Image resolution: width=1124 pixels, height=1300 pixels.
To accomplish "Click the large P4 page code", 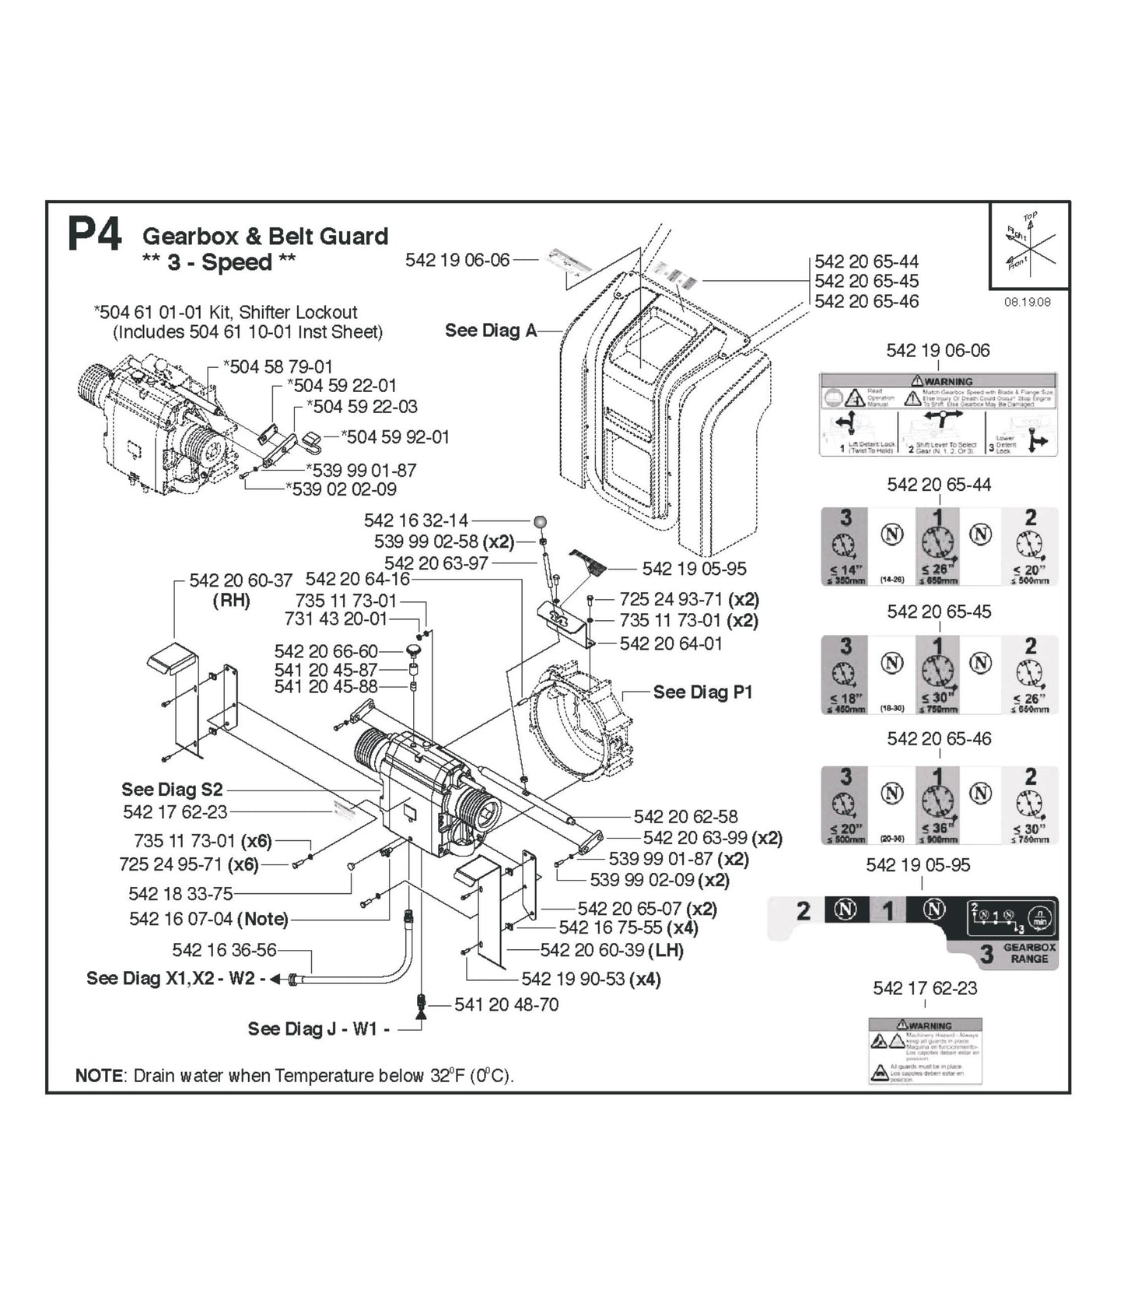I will (94, 234).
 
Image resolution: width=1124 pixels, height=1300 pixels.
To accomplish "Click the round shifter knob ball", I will (540, 522).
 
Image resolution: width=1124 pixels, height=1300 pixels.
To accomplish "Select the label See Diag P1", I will (702, 692).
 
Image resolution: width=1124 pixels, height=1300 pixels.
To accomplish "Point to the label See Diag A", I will (491, 330).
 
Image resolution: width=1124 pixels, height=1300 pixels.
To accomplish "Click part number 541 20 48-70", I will (506, 1004).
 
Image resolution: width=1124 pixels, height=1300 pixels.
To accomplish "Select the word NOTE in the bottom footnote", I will (98, 1076).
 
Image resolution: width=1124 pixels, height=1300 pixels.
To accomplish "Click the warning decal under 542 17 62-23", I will (925, 1049).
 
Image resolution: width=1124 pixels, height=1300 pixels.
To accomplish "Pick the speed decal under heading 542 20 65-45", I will (939, 675).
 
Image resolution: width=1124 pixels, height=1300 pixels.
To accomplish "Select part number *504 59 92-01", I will (396, 436).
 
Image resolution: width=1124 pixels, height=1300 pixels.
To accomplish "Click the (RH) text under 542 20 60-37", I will (231, 601).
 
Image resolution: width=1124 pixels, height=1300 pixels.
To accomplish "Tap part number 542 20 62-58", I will (685, 816).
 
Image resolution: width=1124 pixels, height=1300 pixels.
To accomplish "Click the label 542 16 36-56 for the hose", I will (224, 950).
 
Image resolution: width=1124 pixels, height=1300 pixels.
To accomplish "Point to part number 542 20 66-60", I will (325, 651).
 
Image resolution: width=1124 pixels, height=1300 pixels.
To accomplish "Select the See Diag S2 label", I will (172, 789).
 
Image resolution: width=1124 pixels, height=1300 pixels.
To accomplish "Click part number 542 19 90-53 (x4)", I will (590, 979).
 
